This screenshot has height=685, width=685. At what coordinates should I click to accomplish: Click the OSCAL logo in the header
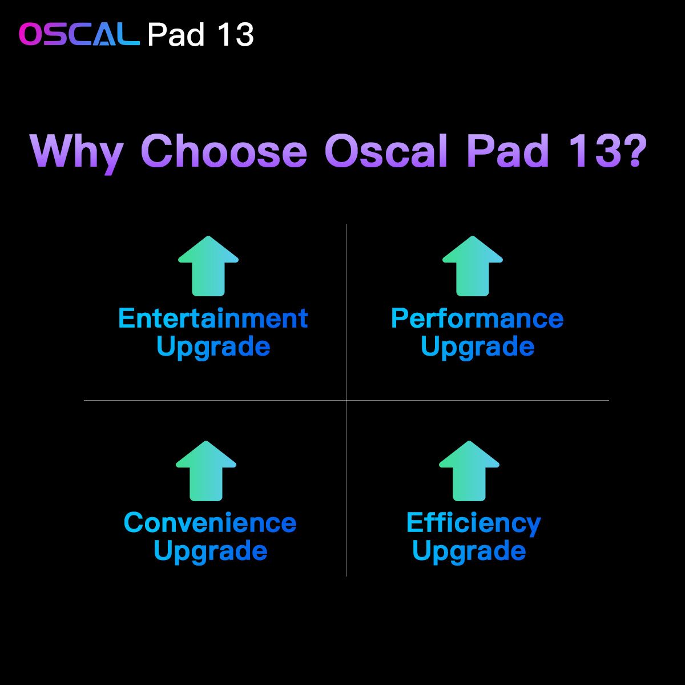click(79, 34)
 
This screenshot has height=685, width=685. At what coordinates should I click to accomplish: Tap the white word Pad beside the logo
click(176, 34)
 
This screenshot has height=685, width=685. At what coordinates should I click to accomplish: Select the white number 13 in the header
click(236, 34)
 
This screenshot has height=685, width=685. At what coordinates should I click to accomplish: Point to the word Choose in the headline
click(224, 151)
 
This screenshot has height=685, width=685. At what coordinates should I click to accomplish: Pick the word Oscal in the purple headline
click(386, 151)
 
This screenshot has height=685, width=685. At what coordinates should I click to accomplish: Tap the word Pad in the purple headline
click(507, 151)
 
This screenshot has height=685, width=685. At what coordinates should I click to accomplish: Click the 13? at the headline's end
click(607, 151)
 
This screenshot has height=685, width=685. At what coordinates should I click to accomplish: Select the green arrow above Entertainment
click(208, 266)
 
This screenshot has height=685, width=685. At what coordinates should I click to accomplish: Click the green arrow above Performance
click(473, 266)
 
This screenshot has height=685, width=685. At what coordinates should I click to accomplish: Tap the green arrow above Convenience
click(206, 471)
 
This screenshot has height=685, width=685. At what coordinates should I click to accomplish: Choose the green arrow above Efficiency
click(469, 471)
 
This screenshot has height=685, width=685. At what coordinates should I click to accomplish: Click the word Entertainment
click(213, 318)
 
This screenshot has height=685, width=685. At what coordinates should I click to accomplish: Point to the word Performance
click(477, 318)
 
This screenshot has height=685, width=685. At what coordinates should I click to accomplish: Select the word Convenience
click(210, 522)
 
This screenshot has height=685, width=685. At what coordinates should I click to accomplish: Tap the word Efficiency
click(473, 523)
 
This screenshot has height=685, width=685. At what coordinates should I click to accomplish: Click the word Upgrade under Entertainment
click(213, 347)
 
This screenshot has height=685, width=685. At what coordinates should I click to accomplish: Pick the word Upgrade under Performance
click(477, 347)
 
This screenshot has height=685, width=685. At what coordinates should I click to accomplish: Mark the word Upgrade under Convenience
click(211, 551)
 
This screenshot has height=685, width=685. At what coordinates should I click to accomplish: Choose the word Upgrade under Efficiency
click(469, 551)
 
